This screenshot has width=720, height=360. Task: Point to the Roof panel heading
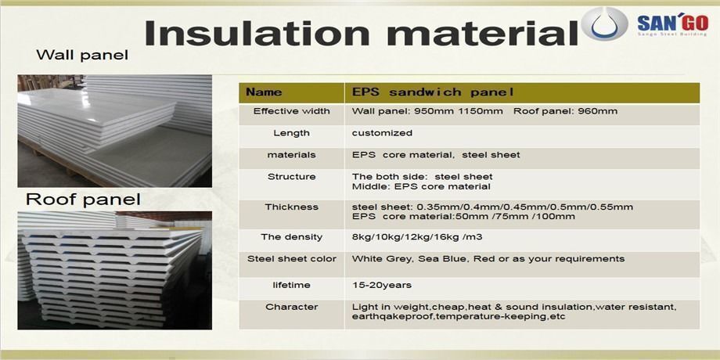83,199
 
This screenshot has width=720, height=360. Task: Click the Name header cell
265,92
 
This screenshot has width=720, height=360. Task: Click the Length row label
292,133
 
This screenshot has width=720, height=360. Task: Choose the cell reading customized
382,133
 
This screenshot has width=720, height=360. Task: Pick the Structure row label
292,176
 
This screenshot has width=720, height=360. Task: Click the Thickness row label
292,207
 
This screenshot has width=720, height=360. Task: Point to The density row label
292,236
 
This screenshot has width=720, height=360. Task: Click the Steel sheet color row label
292,258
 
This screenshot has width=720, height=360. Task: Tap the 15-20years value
382,285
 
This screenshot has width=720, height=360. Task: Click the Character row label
292,306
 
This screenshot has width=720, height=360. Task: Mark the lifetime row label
292,285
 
